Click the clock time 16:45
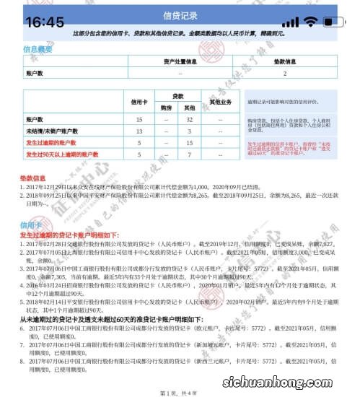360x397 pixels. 44,22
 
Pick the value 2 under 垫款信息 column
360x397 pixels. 286,73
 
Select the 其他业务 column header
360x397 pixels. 224,102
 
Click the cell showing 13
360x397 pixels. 139,131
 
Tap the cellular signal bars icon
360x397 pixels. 290,22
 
